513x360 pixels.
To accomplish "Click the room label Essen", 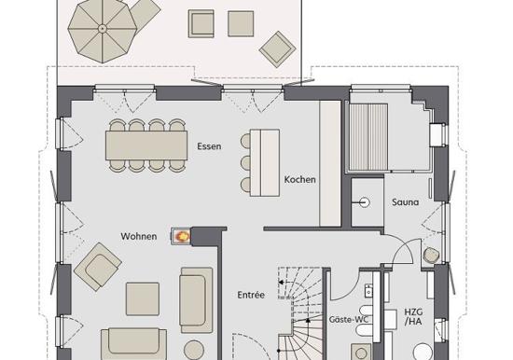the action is pos(209,146).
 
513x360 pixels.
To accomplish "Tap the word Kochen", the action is pos(300,179).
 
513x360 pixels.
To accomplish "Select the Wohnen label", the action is pos(139,236).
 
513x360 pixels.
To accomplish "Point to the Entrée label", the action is pos(251,295).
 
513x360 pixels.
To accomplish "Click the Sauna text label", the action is pos(406,202).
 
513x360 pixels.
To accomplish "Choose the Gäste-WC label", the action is pos(349,319).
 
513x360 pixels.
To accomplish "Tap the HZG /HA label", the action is pos(413,316).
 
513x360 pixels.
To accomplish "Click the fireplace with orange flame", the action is pos(181,236).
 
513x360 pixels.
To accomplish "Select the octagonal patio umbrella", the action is pos(103,29).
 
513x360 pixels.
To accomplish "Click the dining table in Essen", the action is pos(146,145).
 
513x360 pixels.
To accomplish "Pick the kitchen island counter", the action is pos(265,162).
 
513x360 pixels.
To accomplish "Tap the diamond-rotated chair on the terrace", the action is pos(277,49).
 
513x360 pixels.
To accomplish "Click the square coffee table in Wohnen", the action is pos(143,299).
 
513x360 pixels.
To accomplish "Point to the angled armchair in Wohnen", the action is pos(98,267).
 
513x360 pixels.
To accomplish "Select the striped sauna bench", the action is pos(368,137).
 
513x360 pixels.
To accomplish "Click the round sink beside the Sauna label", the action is pos(364,202).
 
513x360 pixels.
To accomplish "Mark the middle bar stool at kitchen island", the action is pos(245,162).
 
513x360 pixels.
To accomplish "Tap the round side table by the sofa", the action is pos(194,351).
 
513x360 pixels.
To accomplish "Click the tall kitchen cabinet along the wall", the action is pos(330,163).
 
